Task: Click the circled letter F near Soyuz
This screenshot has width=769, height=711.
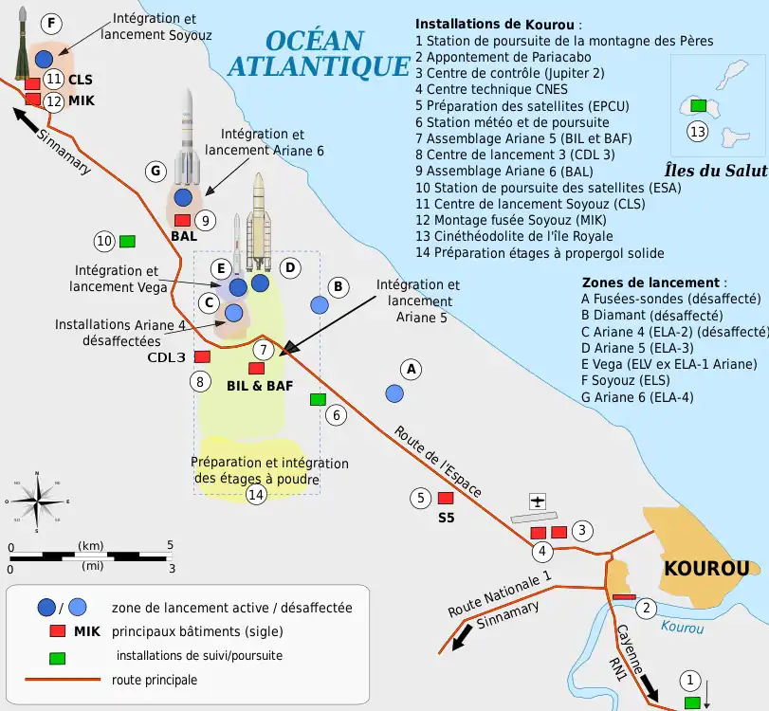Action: [x=51, y=23]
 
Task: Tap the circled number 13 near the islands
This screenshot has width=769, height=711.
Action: [x=698, y=132]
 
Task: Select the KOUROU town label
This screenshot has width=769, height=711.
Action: [x=706, y=569]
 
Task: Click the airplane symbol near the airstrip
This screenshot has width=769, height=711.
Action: [x=538, y=501]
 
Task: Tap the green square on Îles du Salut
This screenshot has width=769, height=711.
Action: [x=698, y=105]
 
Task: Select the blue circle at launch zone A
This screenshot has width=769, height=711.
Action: [x=394, y=392]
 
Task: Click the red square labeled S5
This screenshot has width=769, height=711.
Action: [x=446, y=498]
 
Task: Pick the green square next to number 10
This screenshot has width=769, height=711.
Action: [x=126, y=241]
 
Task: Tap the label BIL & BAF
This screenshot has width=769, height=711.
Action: [x=260, y=386]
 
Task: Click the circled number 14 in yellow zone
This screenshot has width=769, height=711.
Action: [x=255, y=494]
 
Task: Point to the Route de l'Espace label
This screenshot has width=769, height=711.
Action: [x=437, y=461]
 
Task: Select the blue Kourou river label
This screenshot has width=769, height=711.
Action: [x=682, y=628]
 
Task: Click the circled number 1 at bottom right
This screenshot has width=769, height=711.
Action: [x=690, y=679]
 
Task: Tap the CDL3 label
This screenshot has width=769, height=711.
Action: [x=166, y=357]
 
